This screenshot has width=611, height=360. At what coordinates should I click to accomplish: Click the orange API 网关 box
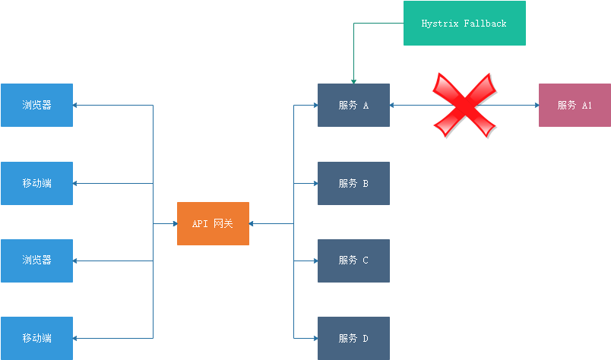(x=213, y=223)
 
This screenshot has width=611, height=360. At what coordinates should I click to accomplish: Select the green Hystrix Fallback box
(x=464, y=24)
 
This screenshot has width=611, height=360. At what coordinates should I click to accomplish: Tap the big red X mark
(x=464, y=105)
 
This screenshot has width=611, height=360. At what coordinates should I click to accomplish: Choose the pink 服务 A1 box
(x=575, y=105)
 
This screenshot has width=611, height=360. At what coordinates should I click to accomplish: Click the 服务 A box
(x=353, y=105)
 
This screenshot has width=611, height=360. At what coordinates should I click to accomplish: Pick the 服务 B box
(x=353, y=183)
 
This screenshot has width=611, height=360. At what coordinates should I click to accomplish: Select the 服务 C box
(x=353, y=261)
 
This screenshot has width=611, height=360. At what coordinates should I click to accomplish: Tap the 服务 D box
(x=353, y=338)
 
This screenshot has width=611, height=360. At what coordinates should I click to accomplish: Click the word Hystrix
(x=439, y=24)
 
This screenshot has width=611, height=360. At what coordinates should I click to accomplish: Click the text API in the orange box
(x=200, y=223)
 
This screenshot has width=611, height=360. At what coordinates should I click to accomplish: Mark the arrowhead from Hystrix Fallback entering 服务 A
(x=353, y=80)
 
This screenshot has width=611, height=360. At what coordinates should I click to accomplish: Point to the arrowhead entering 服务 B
(x=314, y=183)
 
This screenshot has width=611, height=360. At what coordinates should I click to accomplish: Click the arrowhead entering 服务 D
(x=314, y=338)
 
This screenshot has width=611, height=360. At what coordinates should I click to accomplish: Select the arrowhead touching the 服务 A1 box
(x=535, y=105)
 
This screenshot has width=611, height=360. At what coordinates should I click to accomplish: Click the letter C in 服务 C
(x=366, y=261)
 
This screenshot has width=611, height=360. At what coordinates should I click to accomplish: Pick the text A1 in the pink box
(x=587, y=105)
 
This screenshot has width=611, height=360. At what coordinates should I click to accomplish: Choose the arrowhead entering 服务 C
(x=314, y=261)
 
